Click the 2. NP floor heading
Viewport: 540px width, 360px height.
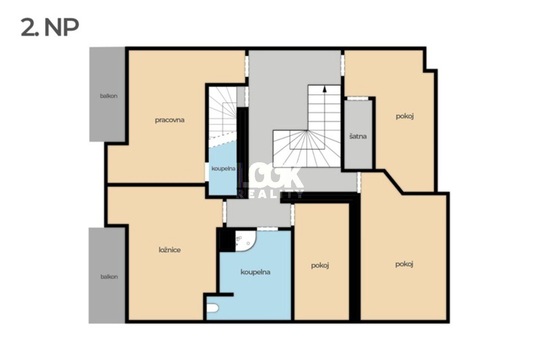point(50,28)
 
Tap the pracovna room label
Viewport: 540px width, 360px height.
point(170,120)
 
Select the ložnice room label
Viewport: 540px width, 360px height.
point(170,250)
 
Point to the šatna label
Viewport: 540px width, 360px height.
point(358,137)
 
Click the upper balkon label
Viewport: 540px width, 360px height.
point(109,96)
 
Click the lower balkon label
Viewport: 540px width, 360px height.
point(109,277)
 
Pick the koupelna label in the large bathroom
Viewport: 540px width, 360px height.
point(255,272)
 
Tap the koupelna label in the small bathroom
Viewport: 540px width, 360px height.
point(224,169)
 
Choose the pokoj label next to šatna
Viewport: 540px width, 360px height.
point(405,116)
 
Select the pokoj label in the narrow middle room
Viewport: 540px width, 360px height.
point(320,266)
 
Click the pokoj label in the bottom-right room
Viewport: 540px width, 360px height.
point(404,264)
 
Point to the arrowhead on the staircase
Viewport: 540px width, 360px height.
point(325,89)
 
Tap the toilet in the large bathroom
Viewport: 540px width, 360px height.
point(213,308)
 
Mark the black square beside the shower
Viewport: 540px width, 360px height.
point(227,240)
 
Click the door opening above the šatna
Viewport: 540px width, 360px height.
point(358,98)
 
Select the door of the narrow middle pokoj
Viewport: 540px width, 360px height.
point(292,215)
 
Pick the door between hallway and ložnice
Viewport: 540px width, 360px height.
point(224,212)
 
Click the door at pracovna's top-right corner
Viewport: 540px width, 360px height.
point(247,66)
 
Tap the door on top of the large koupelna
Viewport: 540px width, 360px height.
point(267,229)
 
